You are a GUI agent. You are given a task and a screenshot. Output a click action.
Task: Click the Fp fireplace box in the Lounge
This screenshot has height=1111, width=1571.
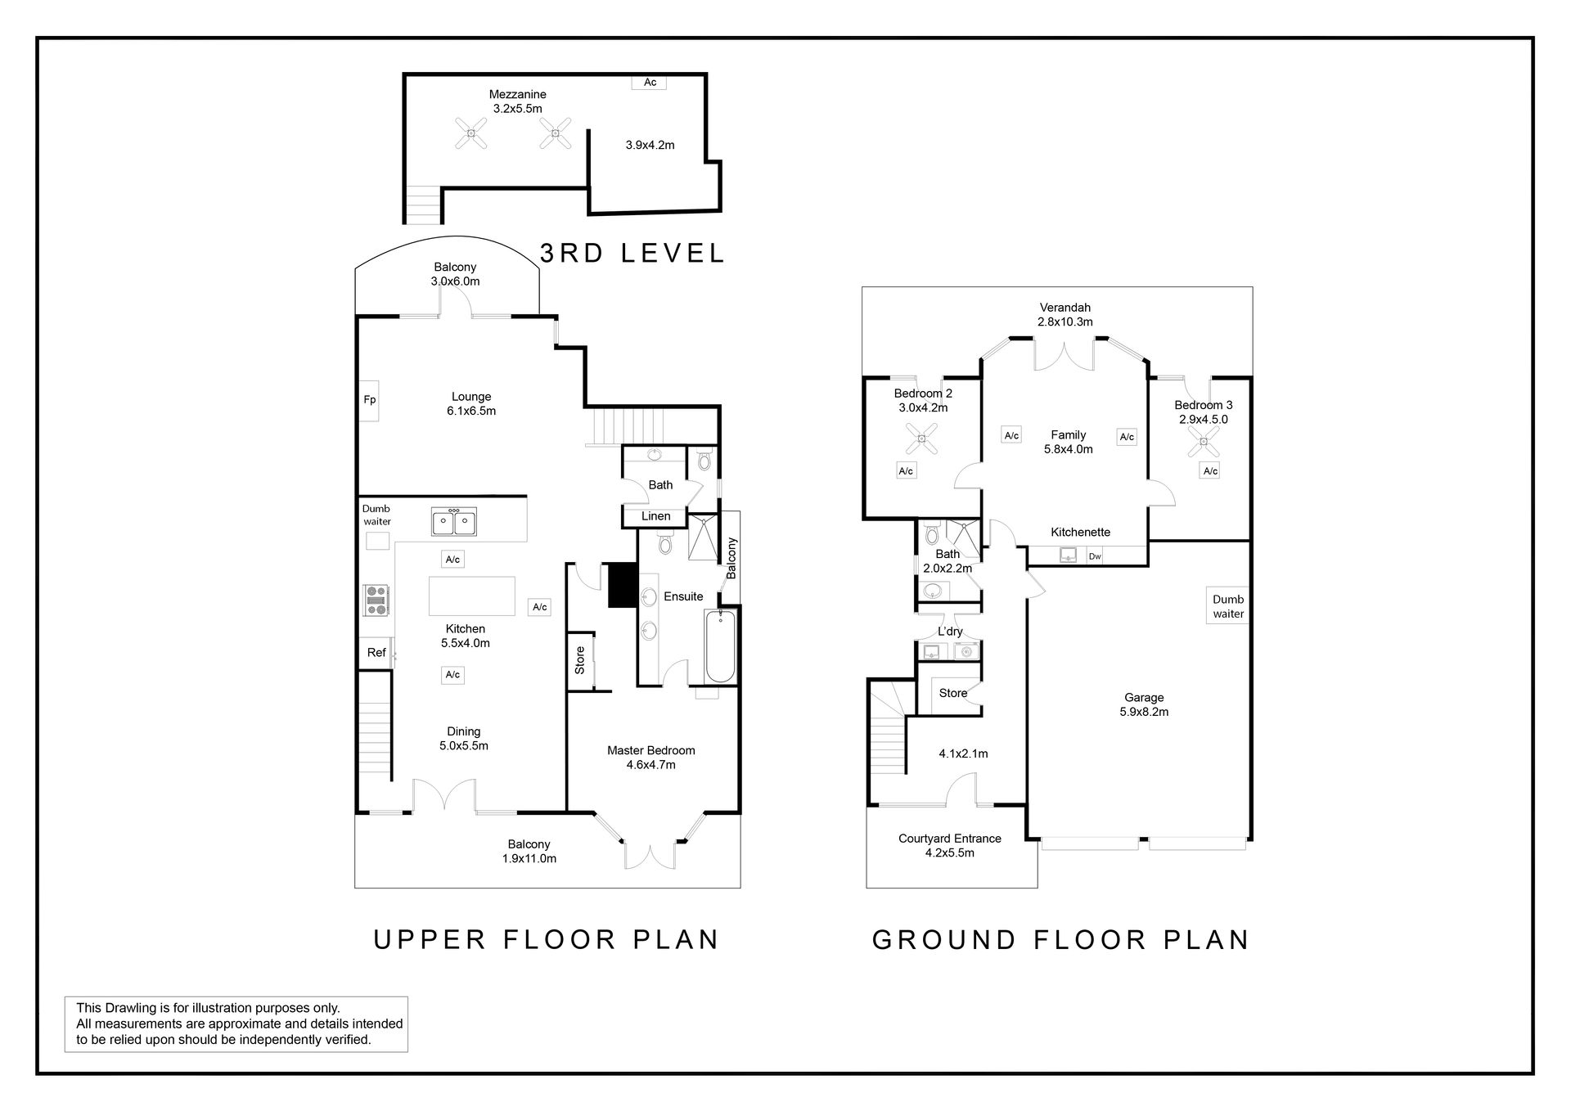tap(369, 400)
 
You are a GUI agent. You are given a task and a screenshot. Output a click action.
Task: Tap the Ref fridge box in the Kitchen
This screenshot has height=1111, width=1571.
tap(376, 653)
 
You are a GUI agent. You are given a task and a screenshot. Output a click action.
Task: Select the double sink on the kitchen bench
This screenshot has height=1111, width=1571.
tap(454, 521)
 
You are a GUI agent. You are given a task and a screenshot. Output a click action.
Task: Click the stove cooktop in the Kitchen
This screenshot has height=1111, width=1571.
tap(376, 600)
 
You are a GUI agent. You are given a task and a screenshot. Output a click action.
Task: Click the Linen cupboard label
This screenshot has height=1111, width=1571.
tap(656, 516)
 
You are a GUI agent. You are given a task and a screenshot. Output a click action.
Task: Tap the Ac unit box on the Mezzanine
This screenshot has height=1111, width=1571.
tap(650, 82)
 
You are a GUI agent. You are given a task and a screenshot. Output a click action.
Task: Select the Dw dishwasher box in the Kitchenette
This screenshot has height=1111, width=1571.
tap(1095, 556)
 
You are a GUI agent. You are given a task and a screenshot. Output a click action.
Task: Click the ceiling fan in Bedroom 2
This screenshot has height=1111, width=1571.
tap(922, 439)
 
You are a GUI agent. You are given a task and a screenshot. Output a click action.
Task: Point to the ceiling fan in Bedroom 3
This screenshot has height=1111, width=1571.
tap(1203, 442)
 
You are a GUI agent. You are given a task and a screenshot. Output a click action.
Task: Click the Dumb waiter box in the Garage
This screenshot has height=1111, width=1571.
tap(1228, 605)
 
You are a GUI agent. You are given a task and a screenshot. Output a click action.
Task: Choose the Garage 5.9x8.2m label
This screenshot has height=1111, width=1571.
tap(1144, 704)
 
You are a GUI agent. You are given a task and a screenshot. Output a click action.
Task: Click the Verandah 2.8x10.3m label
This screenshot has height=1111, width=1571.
tap(1065, 315)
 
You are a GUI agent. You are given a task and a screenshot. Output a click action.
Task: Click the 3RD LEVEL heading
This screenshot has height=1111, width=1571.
tap(632, 253)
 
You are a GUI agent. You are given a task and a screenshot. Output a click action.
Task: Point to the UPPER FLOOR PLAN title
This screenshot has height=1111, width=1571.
tap(547, 939)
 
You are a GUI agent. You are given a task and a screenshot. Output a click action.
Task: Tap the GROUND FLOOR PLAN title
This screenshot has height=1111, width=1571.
tap(1061, 939)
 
